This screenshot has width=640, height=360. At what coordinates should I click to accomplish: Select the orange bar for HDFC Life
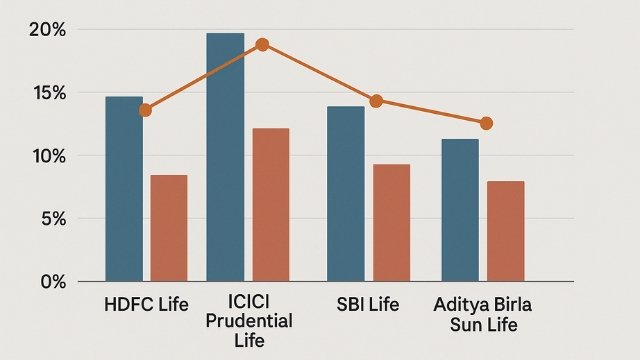click(x=169, y=227)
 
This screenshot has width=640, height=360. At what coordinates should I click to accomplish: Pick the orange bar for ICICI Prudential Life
click(x=270, y=204)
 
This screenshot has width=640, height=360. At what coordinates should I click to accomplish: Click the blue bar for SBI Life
click(x=346, y=193)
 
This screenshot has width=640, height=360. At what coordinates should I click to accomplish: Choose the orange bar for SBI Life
click(x=391, y=222)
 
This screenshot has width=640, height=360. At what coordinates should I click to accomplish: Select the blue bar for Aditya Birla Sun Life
click(x=460, y=209)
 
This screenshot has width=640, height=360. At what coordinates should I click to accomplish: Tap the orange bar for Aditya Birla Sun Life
click(x=505, y=230)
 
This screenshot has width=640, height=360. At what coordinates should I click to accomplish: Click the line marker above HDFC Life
click(x=146, y=110)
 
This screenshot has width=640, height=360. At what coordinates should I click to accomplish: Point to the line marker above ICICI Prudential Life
click(x=262, y=45)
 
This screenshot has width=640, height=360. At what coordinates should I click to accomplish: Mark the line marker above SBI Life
click(x=376, y=101)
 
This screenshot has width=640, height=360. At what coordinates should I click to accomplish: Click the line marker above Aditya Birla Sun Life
click(x=486, y=123)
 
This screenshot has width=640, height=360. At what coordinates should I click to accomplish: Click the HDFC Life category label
click(x=146, y=303)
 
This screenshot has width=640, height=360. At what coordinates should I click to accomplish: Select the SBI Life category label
click(x=368, y=303)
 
